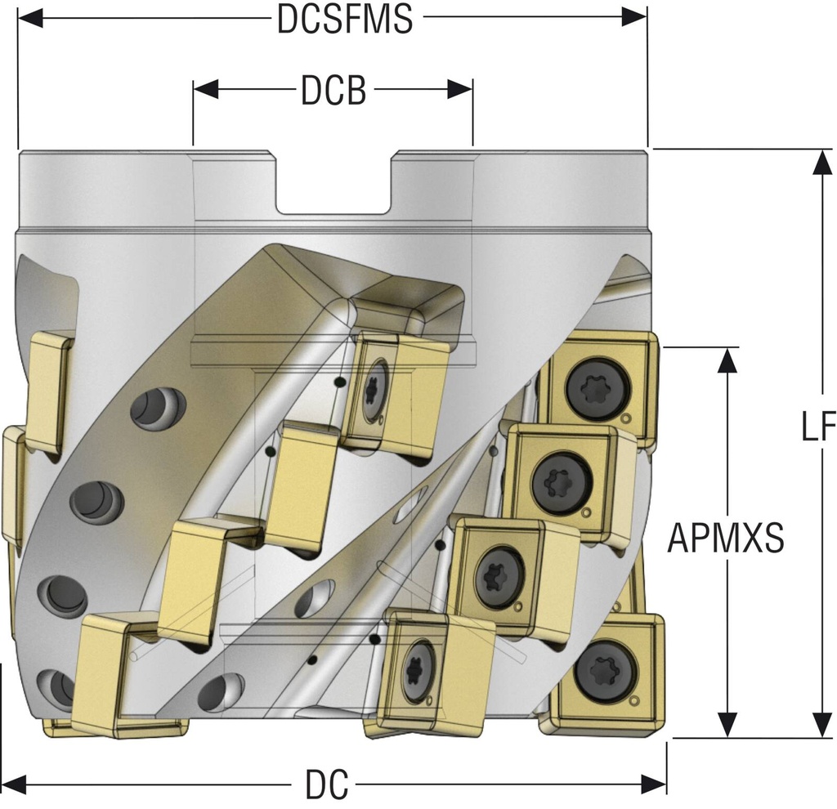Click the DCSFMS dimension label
(x=343, y=19)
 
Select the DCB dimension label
(x=333, y=92)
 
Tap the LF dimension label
(x=817, y=427)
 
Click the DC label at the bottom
(x=327, y=786)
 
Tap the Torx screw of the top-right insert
(x=597, y=387)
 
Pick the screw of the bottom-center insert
(x=418, y=670)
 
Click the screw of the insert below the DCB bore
(x=374, y=391)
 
